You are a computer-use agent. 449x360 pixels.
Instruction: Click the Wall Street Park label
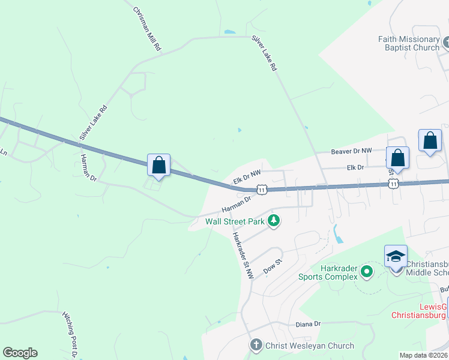[235, 221]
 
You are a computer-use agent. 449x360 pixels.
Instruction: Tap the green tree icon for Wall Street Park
[274, 221]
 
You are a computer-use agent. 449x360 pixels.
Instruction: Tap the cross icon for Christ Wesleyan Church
[256, 345]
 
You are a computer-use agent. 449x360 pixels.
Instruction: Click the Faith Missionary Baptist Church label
[409, 43]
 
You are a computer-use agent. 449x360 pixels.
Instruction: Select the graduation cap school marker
[396, 257]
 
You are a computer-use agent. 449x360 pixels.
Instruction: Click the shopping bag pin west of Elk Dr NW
[159, 165]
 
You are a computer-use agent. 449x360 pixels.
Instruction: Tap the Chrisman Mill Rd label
[148, 29]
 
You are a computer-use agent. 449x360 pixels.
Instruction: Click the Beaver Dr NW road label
[352, 151]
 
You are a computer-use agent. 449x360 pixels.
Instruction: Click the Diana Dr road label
[308, 324]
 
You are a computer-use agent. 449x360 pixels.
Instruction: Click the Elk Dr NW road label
[247, 177]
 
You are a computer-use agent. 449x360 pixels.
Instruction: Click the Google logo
[20, 353]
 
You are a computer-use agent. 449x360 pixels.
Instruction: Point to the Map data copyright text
[424, 355]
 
